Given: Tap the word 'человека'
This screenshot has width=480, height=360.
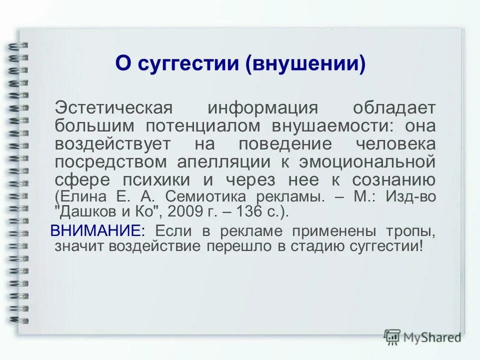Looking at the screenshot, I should point(395,144).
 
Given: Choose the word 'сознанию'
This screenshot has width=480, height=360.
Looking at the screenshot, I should point(393,180).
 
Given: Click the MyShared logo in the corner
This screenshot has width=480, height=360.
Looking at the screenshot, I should point(423,337).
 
